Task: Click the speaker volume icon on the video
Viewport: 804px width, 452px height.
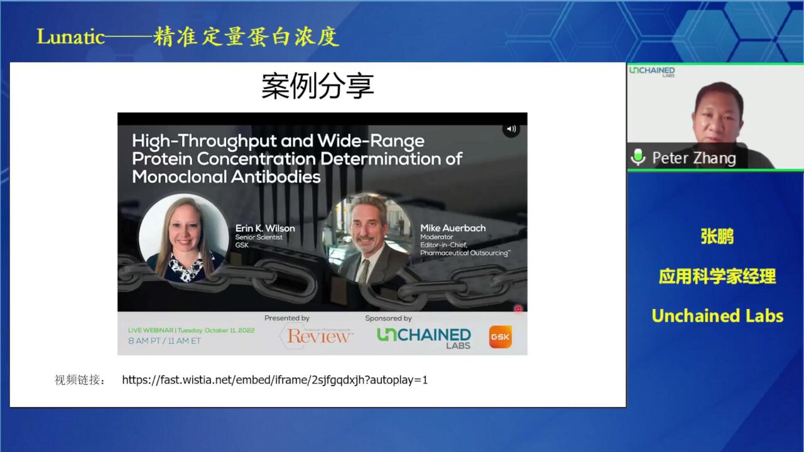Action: (511, 129)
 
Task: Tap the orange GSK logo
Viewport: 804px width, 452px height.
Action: (501, 337)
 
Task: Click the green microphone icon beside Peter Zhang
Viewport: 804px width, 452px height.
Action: (638, 157)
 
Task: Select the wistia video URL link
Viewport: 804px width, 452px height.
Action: (275, 380)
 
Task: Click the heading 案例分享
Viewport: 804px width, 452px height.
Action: (318, 86)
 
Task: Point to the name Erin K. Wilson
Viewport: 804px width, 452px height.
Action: (265, 228)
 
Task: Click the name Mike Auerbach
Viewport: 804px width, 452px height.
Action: (453, 228)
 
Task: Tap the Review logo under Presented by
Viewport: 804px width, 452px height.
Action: (317, 336)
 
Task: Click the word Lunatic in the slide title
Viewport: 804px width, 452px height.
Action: (70, 37)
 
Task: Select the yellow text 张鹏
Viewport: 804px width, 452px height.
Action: (717, 237)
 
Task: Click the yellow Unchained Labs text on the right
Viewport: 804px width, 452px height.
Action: (717, 316)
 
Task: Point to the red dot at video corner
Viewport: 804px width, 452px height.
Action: (518, 309)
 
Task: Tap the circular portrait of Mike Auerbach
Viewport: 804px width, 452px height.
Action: (367, 238)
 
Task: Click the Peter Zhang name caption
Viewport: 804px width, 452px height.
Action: (694, 158)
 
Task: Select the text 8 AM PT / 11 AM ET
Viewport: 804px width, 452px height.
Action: (165, 341)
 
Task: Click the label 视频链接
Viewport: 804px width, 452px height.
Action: (77, 380)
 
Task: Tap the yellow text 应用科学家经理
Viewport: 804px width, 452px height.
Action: (717, 277)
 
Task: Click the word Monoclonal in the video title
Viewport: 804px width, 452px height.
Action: (180, 177)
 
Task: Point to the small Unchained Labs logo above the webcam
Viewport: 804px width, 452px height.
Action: (652, 71)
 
